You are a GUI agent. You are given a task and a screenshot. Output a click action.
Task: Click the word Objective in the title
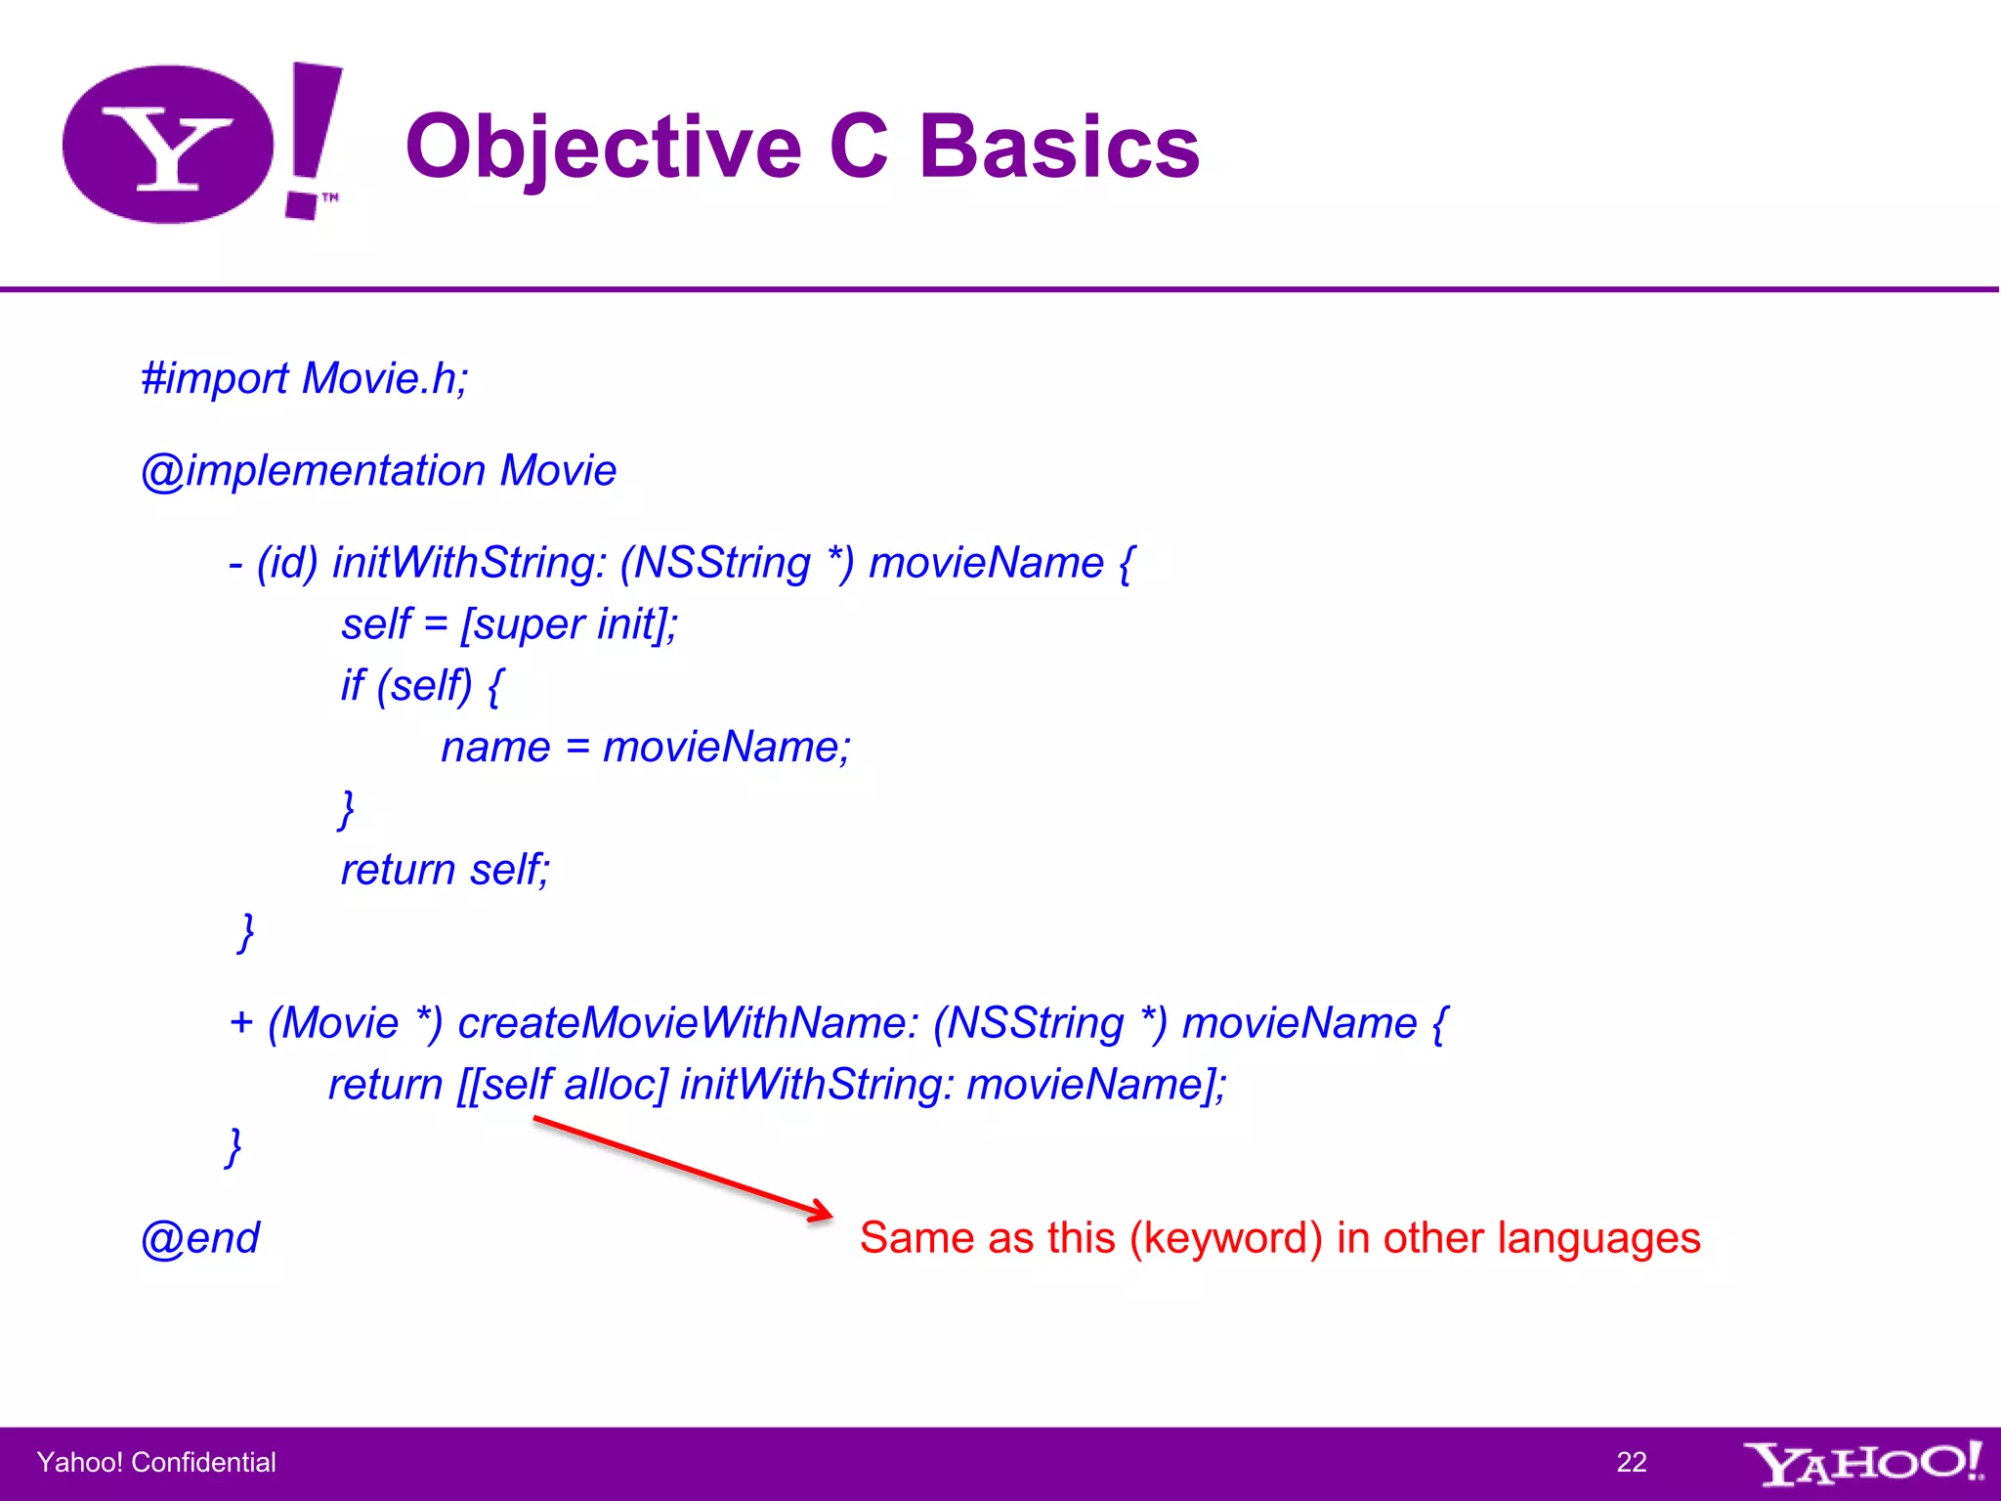(603, 148)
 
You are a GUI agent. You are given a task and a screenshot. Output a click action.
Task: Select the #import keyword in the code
(215, 379)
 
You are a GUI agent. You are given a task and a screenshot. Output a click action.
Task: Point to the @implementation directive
(313, 471)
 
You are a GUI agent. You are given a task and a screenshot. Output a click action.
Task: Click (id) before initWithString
(287, 564)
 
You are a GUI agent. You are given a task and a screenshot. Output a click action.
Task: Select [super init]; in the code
(570, 624)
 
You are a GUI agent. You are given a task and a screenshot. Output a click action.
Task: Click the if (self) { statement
(422, 686)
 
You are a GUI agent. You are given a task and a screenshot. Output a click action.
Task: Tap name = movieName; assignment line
(646, 748)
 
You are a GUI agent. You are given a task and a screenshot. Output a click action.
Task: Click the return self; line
(445, 870)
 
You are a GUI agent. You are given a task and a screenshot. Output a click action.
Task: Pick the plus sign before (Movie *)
(241, 1023)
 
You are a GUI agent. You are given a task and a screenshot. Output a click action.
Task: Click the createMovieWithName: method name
(688, 1023)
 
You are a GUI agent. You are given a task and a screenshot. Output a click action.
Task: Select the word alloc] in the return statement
(616, 1085)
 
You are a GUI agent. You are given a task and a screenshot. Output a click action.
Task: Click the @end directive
(200, 1238)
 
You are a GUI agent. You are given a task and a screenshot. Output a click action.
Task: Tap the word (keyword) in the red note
(1225, 1238)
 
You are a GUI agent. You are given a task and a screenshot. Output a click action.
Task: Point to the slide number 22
(1631, 1462)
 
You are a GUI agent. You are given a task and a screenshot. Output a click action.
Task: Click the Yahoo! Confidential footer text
(156, 1462)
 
